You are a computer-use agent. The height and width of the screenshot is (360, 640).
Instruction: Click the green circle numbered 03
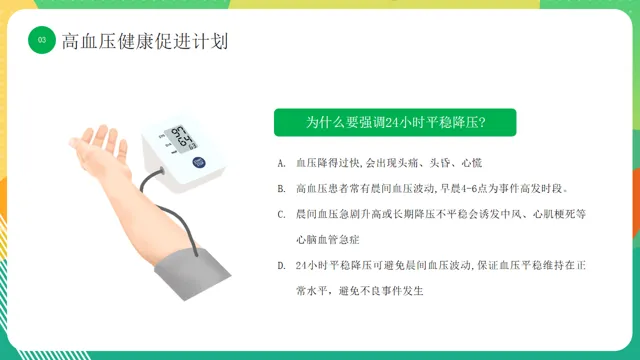click(42, 40)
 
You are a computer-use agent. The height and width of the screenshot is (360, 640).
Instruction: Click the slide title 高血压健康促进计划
click(145, 41)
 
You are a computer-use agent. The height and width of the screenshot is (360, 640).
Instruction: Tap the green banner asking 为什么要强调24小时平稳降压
click(395, 122)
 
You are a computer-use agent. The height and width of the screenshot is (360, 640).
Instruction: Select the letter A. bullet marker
click(281, 164)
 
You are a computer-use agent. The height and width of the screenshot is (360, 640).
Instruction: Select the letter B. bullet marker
click(281, 189)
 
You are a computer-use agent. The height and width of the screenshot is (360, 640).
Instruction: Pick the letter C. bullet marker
click(281, 215)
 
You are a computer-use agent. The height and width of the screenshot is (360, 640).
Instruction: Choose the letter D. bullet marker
click(281, 266)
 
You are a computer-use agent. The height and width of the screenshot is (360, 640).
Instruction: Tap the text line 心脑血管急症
click(328, 240)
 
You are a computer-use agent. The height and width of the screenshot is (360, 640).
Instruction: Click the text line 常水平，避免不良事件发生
click(360, 291)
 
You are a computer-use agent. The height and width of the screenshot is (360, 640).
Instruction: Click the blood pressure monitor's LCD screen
click(181, 139)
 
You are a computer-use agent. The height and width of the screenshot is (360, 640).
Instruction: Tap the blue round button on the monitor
click(199, 162)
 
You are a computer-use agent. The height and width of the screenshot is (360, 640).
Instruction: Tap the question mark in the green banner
click(482, 122)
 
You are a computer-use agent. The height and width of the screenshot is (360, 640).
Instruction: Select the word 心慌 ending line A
click(472, 163)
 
